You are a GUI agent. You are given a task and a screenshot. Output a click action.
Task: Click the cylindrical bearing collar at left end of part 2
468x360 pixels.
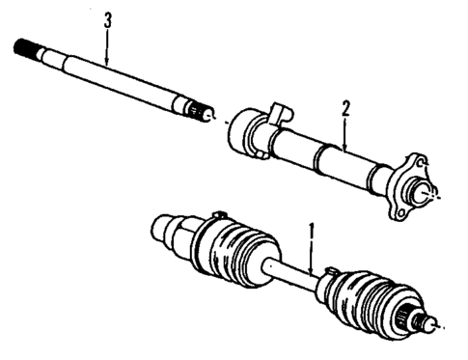(243, 130)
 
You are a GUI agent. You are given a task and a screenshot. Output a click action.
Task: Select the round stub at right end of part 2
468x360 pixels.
(422, 192)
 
